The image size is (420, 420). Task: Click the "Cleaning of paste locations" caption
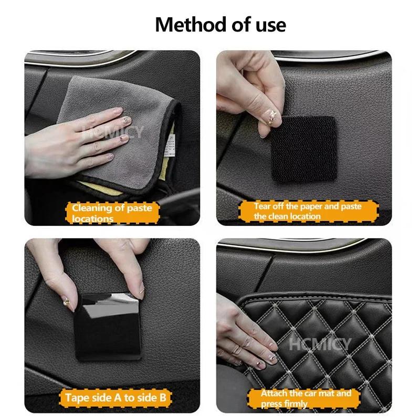click(x=111, y=213)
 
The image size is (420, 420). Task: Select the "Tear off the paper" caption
click(x=308, y=211)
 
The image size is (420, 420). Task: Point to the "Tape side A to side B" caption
click(x=115, y=397)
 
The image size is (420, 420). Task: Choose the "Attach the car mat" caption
click(x=306, y=398)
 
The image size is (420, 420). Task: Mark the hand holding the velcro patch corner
click(x=247, y=100)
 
